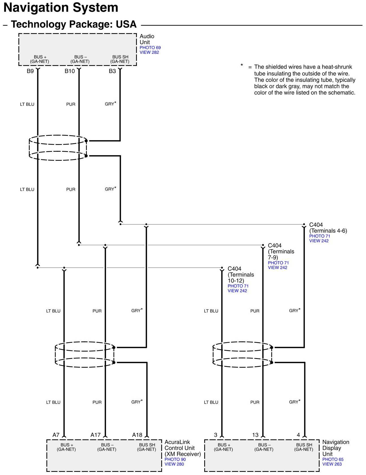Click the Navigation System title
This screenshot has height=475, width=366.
61,8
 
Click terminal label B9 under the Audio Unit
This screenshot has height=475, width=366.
30,71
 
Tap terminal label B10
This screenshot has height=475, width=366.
70,71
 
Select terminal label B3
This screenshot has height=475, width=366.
112,71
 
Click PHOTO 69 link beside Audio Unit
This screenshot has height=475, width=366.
150,48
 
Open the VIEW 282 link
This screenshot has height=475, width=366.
149,52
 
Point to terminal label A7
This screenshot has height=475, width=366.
56,435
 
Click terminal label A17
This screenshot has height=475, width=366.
95,435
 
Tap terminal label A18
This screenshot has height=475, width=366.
137,435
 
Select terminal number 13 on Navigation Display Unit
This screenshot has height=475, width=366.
255,435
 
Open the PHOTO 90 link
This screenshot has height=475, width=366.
175,459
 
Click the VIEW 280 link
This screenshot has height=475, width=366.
174,464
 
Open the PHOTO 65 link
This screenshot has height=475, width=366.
333,459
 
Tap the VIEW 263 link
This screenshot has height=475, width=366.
332,464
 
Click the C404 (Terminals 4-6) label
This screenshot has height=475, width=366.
328,228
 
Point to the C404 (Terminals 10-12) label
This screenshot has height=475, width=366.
241,275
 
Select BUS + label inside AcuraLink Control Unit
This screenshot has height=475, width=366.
66,447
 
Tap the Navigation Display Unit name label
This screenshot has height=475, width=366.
335,448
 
